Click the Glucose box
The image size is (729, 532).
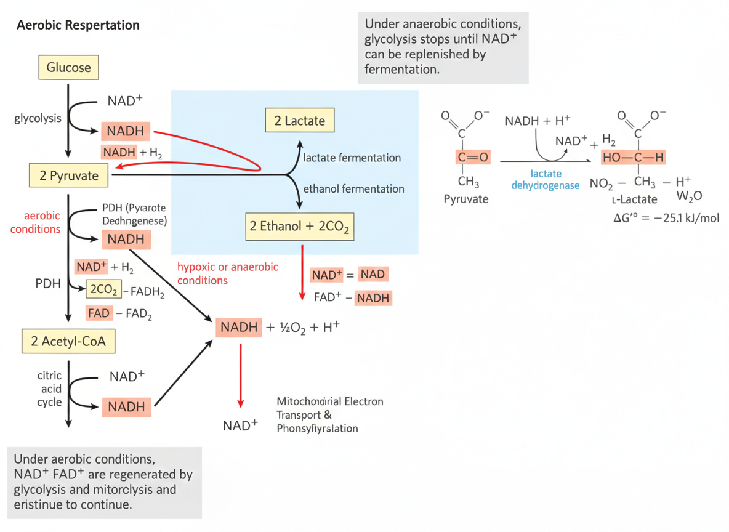click(x=68, y=68)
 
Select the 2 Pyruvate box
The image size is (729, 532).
click(x=68, y=175)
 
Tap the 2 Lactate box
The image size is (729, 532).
click(x=299, y=121)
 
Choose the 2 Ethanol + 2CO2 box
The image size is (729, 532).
click(x=299, y=226)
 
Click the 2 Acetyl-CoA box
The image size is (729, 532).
click(x=68, y=341)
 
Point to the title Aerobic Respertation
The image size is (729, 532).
click(x=78, y=26)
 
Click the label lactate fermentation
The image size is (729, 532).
click(x=352, y=158)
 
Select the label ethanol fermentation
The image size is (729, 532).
click(x=353, y=189)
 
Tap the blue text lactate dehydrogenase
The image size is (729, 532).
click(x=545, y=180)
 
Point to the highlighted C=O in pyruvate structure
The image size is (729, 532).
click(x=473, y=158)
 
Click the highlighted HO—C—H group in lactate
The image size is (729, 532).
click(x=634, y=158)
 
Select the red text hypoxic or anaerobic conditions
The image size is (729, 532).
click(x=227, y=273)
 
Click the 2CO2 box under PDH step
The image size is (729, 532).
click(x=103, y=289)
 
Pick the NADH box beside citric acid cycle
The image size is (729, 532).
click(x=126, y=407)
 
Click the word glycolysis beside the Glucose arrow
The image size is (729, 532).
click(x=38, y=118)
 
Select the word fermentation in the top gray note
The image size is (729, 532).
click(x=401, y=70)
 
